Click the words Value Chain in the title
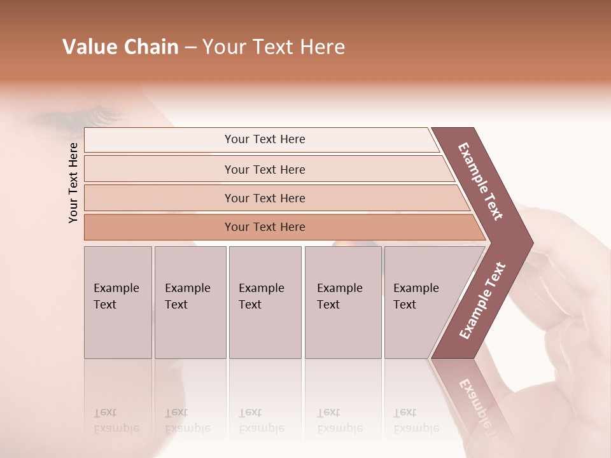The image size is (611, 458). click(x=120, y=47)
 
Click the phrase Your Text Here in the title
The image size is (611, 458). click(x=273, y=47)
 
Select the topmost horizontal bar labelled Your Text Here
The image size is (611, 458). click(x=265, y=139)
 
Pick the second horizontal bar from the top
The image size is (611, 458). click(x=265, y=169)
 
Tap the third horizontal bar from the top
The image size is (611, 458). click(x=265, y=198)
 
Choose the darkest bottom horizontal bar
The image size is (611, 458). click(x=265, y=227)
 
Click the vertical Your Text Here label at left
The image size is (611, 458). click(x=73, y=183)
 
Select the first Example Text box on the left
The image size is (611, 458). click(x=118, y=302)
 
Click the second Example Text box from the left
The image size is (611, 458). click(x=190, y=302)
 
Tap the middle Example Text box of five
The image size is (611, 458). click(x=265, y=302)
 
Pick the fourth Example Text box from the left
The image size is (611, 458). click(x=342, y=302)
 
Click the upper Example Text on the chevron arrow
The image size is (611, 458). click(x=481, y=181)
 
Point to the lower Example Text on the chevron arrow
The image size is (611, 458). click(x=482, y=300)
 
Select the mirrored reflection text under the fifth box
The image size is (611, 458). click(x=416, y=420)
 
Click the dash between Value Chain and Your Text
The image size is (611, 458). click(x=190, y=48)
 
